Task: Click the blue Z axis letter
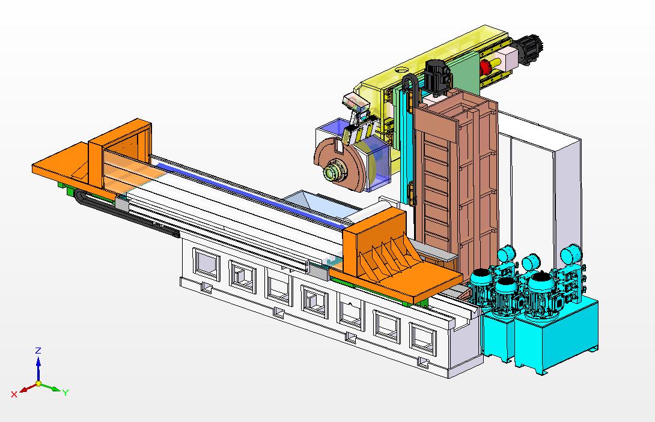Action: coord(38,351)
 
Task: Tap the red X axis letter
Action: coord(14,394)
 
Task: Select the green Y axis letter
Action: coord(65,393)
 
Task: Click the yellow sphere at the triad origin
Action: coord(38,383)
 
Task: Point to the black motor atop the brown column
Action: coord(437,77)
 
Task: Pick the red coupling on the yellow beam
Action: coord(486,67)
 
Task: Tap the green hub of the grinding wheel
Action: coord(334,172)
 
